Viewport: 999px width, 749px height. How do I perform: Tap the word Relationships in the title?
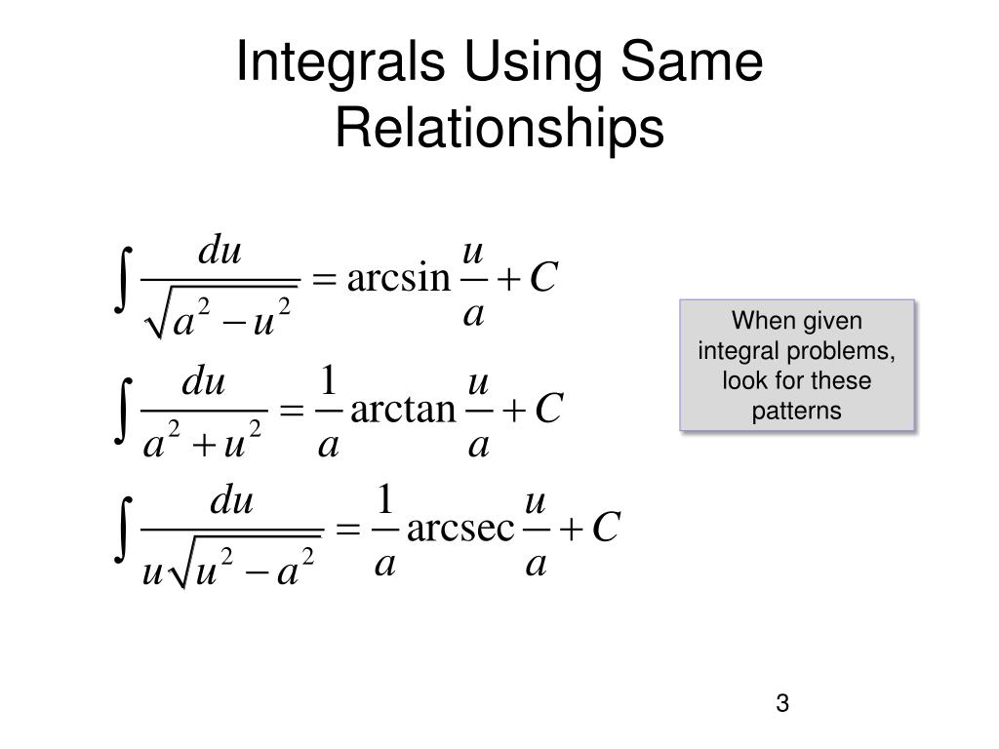click(x=499, y=129)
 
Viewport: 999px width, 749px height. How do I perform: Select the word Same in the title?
click(x=691, y=65)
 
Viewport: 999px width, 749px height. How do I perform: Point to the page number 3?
click(x=782, y=704)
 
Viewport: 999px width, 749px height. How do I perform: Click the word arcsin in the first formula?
click(x=395, y=280)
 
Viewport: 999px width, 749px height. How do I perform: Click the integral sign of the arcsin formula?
click(x=121, y=280)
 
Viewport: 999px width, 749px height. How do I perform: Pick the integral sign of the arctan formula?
click(x=121, y=409)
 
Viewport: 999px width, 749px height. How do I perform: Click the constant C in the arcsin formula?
click(x=542, y=280)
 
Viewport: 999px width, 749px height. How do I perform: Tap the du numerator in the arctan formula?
click(x=204, y=383)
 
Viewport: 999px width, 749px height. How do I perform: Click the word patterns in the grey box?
click(x=796, y=411)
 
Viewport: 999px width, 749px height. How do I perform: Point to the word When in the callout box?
click(x=758, y=320)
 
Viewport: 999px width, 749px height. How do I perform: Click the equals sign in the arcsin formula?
click(x=322, y=281)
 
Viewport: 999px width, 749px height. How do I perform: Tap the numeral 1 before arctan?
click(x=329, y=379)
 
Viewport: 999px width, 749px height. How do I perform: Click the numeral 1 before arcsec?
click(x=384, y=501)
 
